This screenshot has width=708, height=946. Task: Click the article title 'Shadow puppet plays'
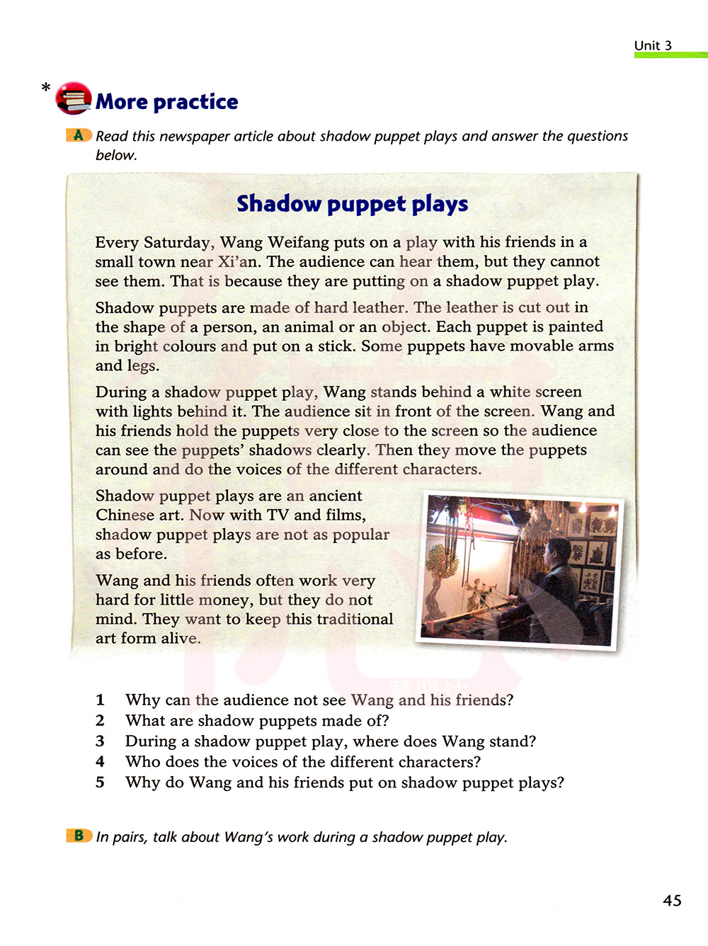(x=352, y=204)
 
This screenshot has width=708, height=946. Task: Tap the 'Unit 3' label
(x=652, y=45)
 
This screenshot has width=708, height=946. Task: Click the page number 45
(x=672, y=900)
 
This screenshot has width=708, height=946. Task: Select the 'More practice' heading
(x=167, y=102)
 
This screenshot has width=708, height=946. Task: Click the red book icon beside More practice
(x=74, y=98)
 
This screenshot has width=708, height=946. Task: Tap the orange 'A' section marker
(x=79, y=135)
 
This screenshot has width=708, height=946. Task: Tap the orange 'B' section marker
(x=79, y=836)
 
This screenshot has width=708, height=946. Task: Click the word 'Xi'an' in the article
(x=238, y=261)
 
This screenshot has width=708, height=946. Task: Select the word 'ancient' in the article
(x=336, y=496)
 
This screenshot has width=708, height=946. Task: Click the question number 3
(x=100, y=741)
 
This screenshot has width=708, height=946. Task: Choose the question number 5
(x=100, y=782)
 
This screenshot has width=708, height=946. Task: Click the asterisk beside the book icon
(x=46, y=88)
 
